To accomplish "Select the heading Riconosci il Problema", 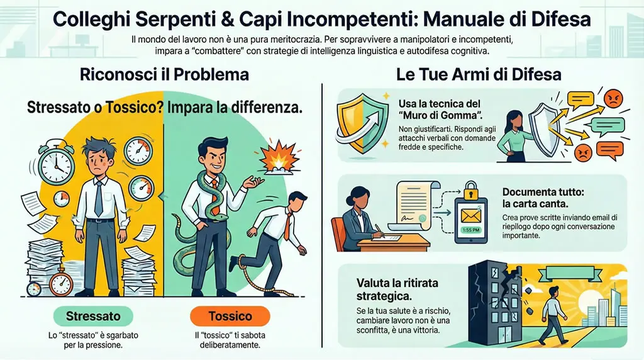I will (164, 74).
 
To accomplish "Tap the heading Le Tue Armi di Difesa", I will (479, 74).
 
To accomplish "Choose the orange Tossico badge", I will (230, 315).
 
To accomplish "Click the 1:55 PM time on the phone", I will (472, 230).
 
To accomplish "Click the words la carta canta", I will (532, 205).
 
